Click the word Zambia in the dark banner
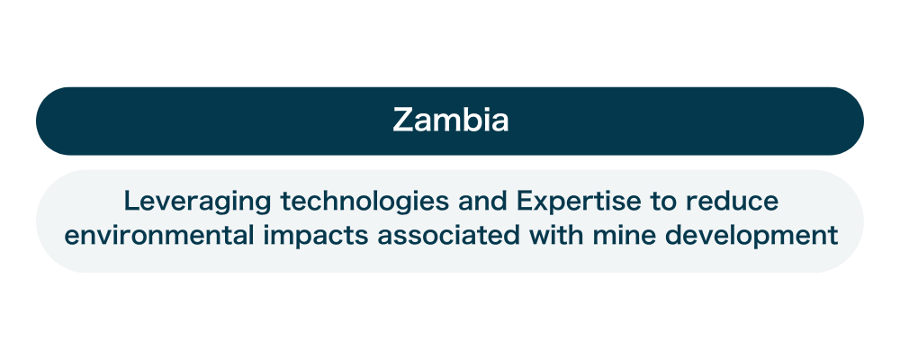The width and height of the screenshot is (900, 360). [451, 121]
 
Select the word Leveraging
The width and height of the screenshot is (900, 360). [197, 202]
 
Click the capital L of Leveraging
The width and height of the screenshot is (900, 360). [131, 201]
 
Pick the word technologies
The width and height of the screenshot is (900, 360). [364, 202]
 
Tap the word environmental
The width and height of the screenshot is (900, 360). [159, 236]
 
